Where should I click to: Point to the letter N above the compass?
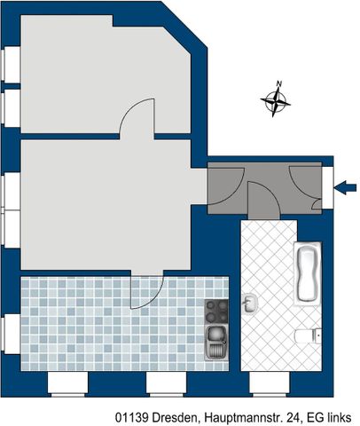pyautogui.click(x=278, y=84)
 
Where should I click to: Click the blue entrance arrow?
pyautogui.click(x=346, y=186)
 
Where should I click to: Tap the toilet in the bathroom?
pyautogui.click(x=306, y=335)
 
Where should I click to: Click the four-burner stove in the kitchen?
pyautogui.click(x=216, y=310)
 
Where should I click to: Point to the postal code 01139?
pyautogui.click(x=132, y=414)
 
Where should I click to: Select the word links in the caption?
pyautogui.click(x=340, y=414)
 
